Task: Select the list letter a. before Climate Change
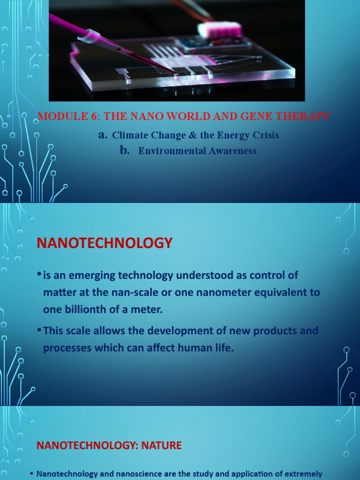tap(103, 135)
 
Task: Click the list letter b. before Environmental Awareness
tap(124, 150)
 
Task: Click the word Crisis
tap(266, 135)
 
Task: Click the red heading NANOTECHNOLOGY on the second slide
tap(105, 243)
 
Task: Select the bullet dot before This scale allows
tap(39, 330)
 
